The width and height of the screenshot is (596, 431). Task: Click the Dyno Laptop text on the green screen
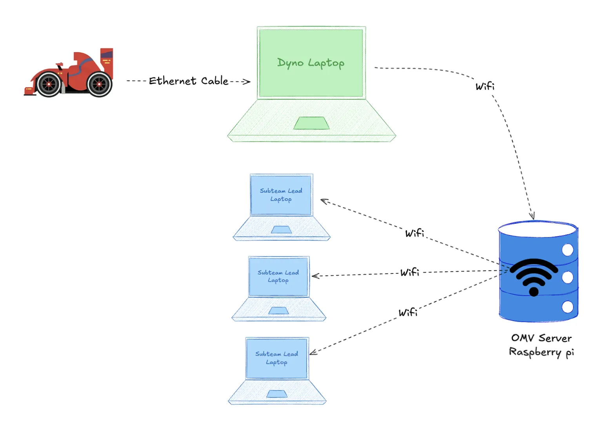(311, 63)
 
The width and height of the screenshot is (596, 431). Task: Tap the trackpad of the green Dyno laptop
(311, 123)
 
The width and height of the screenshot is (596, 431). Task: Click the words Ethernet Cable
(189, 81)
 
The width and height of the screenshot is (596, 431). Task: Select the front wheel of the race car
(49, 84)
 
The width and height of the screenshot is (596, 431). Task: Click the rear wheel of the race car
(99, 84)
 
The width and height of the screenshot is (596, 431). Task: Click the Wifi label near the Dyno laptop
(485, 86)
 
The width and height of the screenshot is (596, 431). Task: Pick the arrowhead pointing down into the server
(532, 216)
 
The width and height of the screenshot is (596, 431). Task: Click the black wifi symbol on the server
(534, 276)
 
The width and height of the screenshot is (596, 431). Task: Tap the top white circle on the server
(567, 250)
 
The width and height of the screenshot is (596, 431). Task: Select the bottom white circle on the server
(567, 307)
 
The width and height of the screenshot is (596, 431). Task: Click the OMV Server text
(541, 338)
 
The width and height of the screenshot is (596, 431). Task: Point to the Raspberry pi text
(541, 352)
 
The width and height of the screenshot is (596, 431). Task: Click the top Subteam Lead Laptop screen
(281, 195)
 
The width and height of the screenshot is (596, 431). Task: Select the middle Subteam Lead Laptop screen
(278, 276)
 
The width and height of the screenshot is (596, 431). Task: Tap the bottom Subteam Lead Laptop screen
(277, 358)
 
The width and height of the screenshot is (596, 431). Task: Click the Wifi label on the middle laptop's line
(410, 272)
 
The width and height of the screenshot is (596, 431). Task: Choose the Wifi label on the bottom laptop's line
(408, 312)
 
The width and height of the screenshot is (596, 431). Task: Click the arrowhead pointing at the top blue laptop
(324, 201)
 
